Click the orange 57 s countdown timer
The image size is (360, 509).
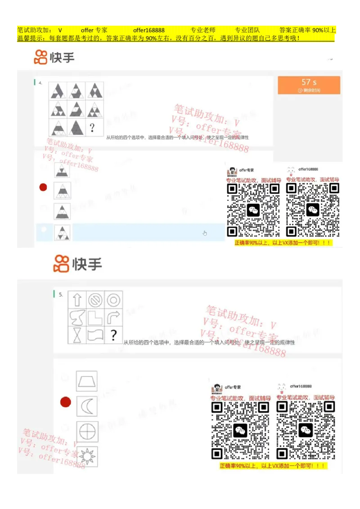309,85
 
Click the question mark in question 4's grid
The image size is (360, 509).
92,128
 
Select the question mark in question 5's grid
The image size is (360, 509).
113,335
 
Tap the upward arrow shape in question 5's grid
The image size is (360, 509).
77,299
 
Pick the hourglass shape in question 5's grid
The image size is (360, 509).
77,335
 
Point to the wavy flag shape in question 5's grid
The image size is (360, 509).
95,335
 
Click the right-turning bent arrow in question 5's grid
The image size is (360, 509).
113,317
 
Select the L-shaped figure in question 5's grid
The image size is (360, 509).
95,317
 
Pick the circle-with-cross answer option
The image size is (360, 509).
86,432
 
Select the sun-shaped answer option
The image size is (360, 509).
86,456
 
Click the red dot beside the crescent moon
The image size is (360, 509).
66,402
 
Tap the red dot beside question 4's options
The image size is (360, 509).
43,187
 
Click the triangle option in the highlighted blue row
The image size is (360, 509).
62,232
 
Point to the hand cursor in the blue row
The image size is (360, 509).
205,233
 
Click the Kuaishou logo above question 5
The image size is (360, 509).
78,263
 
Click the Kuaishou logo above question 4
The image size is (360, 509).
54,58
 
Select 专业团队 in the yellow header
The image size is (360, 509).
247,30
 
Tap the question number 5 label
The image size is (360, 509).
61,295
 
